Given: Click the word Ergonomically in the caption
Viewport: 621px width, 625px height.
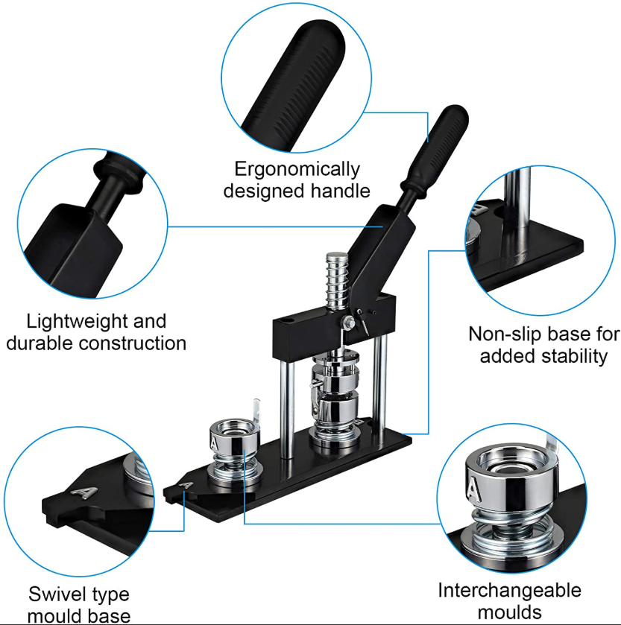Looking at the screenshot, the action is (x=297, y=169).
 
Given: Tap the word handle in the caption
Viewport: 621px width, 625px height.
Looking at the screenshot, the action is (x=340, y=191).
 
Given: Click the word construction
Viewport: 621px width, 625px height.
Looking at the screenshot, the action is (x=133, y=343).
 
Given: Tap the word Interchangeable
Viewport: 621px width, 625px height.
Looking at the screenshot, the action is (x=509, y=590).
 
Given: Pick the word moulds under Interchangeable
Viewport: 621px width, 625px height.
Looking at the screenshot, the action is (x=509, y=612).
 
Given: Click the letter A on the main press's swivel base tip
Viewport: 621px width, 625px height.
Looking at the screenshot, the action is (x=186, y=485).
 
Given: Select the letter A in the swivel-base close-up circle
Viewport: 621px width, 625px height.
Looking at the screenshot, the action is (x=84, y=492).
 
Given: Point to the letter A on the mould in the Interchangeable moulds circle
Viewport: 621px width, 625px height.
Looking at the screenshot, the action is (x=473, y=489).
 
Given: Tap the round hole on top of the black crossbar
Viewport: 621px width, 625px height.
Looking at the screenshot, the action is (x=288, y=320).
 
